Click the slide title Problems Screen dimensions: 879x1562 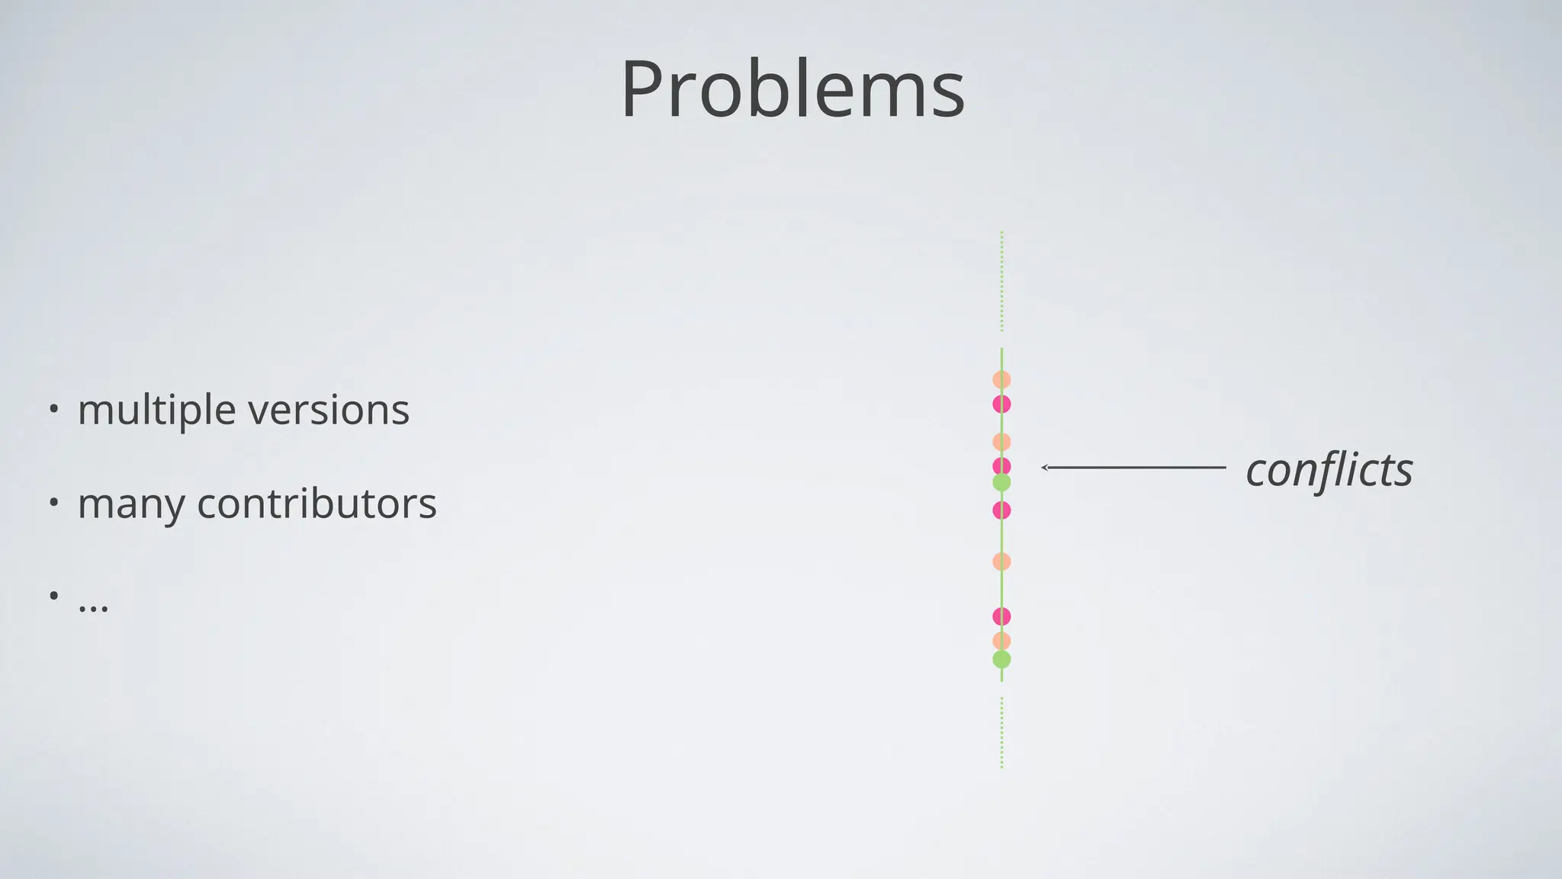[792, 89]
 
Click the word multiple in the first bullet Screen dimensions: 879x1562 [156, 411]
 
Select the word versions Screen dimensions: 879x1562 [329, 411]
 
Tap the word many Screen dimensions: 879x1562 [130, 504]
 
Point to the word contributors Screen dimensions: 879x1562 [317, 504]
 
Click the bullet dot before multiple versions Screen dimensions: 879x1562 [53, 409]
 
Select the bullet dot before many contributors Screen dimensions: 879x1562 [53, 503]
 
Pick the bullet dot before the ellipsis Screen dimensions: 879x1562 [53, 596]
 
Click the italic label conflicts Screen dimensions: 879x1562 [1329, 470]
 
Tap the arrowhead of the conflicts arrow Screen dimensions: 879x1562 [1045, 468]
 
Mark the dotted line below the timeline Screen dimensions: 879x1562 [1001, 732]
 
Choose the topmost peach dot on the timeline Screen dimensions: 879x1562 [1001, 379]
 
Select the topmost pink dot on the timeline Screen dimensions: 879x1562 [1001, 404]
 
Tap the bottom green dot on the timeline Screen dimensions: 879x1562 [1001, 660]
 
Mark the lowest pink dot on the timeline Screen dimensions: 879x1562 [1001, 616]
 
